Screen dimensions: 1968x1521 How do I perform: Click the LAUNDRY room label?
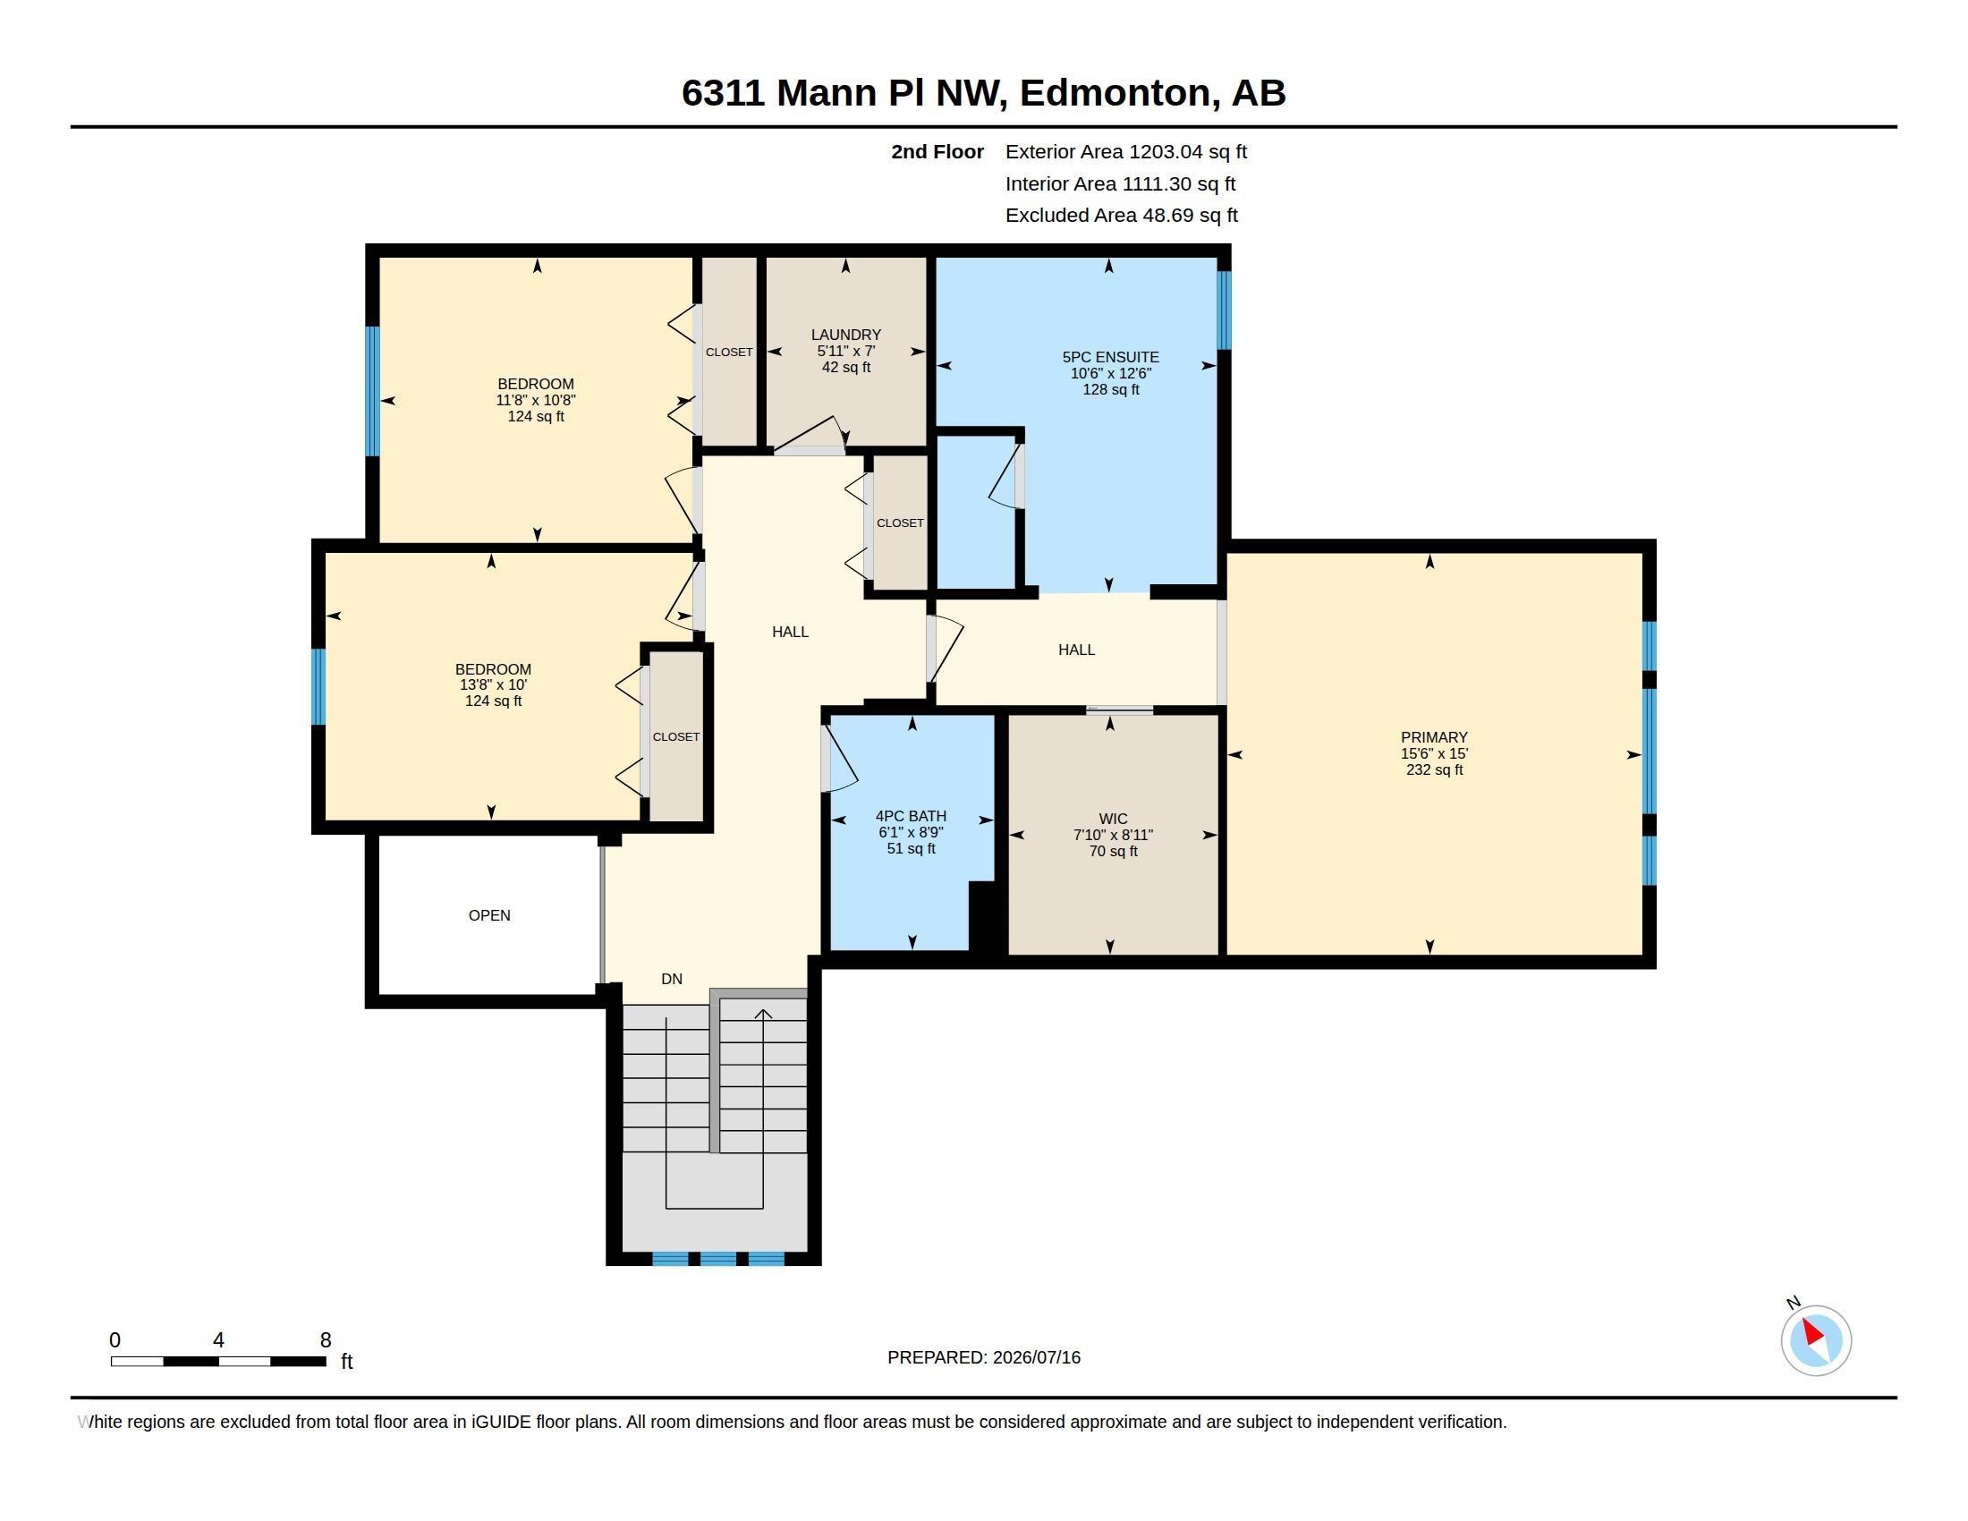pos(845,335)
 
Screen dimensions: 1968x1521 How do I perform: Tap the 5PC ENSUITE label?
pos(1110,357)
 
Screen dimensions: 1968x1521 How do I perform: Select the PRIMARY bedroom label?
pos(1434,737)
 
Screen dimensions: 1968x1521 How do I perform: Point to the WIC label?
pos(1113,819)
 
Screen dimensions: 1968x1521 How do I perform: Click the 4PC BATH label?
pos(911,816)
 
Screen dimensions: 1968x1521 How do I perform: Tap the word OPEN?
pos(489,915)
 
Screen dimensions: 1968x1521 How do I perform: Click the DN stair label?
pos(671,979)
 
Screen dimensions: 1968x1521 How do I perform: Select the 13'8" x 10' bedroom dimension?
pos(493,684)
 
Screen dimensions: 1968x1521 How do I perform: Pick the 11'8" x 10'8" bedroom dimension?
pos(535,400)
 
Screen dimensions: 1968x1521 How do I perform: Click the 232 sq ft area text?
pos(1434,769)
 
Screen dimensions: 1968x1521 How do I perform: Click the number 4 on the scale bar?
pos(218,1340)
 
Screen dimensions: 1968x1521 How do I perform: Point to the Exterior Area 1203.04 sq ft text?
pos(1125,151)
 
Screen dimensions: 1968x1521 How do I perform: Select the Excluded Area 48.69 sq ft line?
pos(1121,216)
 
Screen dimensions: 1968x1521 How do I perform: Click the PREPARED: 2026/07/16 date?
pos(984,1357)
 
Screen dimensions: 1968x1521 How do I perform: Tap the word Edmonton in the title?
pos(1114,93)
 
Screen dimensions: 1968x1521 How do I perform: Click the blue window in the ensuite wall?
pos(1224,310)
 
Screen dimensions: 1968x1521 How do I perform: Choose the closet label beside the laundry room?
pos(729,353)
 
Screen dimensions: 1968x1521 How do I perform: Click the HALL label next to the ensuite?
pos(1076,650)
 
